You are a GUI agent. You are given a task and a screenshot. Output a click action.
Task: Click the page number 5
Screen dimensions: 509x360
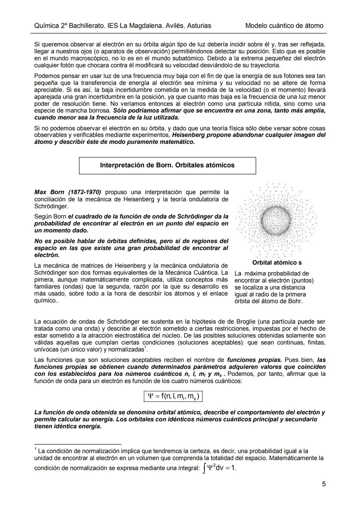324,484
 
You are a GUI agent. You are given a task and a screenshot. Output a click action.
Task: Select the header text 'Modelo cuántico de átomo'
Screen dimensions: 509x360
284,26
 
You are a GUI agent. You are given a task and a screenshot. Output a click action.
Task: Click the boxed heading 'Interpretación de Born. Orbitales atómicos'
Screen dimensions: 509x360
167,165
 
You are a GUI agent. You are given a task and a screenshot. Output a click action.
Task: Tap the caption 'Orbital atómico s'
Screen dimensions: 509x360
277,263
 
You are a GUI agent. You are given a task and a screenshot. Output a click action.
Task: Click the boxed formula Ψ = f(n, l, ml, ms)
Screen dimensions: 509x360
173,396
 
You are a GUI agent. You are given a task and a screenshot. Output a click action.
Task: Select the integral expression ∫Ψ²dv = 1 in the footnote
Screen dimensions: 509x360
220,468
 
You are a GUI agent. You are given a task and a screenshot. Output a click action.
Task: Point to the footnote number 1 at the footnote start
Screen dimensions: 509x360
35,449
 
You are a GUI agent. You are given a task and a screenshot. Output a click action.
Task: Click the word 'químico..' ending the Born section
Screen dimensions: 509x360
45,301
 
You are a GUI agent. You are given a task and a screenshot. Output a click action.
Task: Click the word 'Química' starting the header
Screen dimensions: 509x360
46,26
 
